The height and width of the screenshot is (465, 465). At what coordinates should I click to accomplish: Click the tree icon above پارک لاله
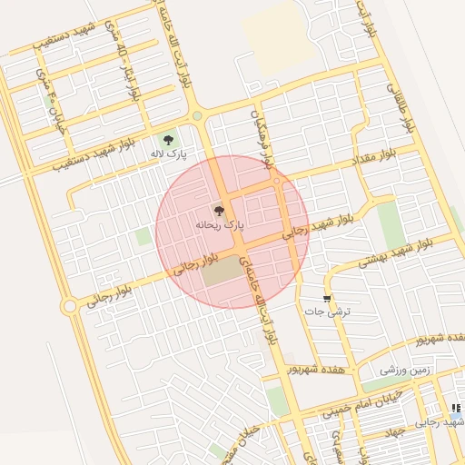pyautogui.click(x=167, y=139)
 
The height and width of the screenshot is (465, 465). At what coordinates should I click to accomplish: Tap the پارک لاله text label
pyautogui.click(x=168, y=155)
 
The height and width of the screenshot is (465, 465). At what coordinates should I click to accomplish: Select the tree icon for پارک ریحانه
pyautogui.click(x=218, y=209)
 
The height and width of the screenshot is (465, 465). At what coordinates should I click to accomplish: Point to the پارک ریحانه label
pyautogui.click(x=220, y=223)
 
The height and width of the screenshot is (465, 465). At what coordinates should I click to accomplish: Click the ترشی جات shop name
pyautogui.click(x=326, y=312)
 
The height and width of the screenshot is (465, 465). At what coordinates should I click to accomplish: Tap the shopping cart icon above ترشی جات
pyautogui.click(x=327, y=298)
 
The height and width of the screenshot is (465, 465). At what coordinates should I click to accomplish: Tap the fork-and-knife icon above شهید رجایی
pyautogui.click(x=456, y=408)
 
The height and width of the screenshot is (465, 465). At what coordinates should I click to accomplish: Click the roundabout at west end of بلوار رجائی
pyautogui.click(x=69, y=307)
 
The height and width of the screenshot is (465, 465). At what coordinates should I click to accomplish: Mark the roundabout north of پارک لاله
pyautogui.click(x=197, y=115)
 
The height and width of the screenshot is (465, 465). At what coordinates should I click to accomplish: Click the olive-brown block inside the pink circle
pyautogui.click(x=219, y=271)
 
